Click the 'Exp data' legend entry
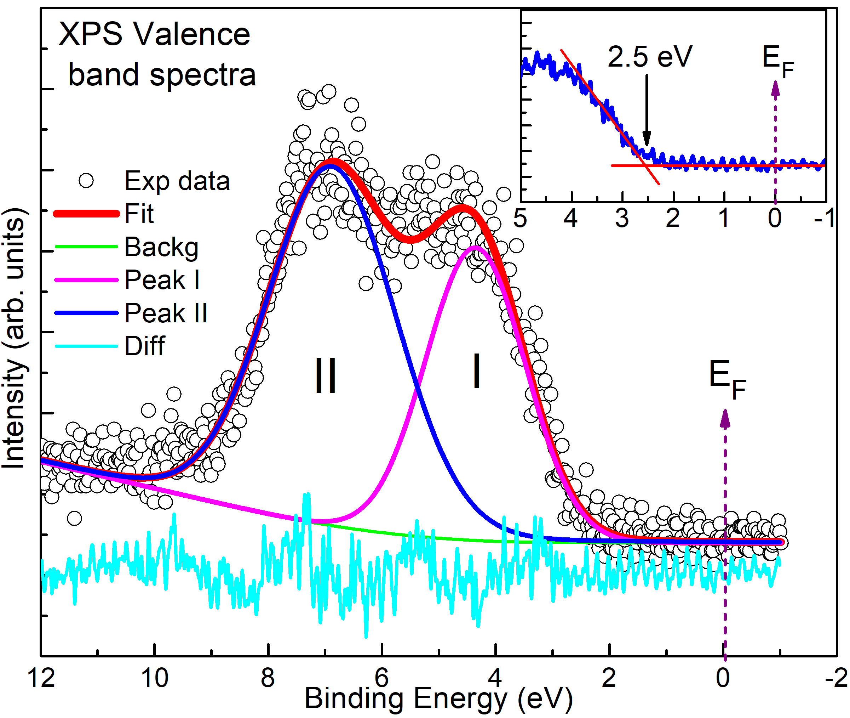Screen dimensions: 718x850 (177, 181)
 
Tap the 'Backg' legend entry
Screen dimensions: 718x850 (161, 247)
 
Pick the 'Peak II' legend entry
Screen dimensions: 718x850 (166, 313)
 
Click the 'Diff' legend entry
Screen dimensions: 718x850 (144, 346)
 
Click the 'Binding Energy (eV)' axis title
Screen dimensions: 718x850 (438, 699)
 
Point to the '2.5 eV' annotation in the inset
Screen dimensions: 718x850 (649, 57)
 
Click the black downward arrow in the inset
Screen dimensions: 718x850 (647, 110)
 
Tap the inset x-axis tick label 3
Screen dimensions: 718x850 (622, 219)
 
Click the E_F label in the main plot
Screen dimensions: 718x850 (727, 379)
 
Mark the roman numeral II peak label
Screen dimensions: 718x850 (326, 375)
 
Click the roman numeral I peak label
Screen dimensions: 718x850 (477, 371)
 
